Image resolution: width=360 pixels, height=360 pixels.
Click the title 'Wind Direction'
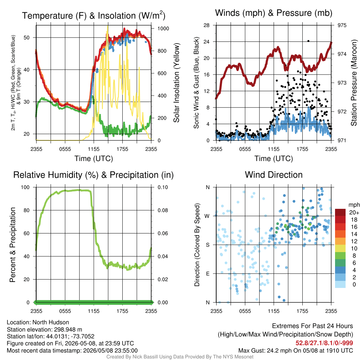pyautogui.click(x=274, y=175)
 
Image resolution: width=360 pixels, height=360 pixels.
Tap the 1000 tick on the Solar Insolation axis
pyautogui.click(x=163, y=28)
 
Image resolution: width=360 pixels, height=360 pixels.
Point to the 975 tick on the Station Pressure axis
pyautogui.click(x=342, y=25)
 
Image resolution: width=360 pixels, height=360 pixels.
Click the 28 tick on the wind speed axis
pyautogui.click(x=206, y=25)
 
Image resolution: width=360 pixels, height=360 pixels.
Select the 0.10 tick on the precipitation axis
pyautogui.click(x=163, y=187)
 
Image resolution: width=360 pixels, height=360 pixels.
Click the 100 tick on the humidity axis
pyautogui.click(x=25, y=187)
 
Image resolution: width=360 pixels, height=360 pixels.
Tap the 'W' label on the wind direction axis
pyautogui.click(x=207, y=216)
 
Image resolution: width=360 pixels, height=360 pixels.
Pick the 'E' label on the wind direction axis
pyautogui.click(x=207, y=274)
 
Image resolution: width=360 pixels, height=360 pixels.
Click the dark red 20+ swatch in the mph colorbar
pyautogui.click(x=340, y=212)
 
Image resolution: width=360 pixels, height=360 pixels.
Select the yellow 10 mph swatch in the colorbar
pyautogui.click(x=340, y=248)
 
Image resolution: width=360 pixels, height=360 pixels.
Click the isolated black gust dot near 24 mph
pyautogui.click(x=308, y=41)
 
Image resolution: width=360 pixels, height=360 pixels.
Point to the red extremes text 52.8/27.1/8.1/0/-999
pyautogui.click(x=324, y=343)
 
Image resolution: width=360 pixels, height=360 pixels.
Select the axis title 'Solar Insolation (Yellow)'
pyautogui.click(x=176, y=83)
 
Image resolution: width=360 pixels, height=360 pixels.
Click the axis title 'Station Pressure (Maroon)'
pyautogui.click(x=354, y=83)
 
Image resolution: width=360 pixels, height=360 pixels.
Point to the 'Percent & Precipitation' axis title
pyautogui.click(x=12, y=245)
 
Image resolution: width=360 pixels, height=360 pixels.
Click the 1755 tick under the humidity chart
pyautogui.click(x=122, y=311)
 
